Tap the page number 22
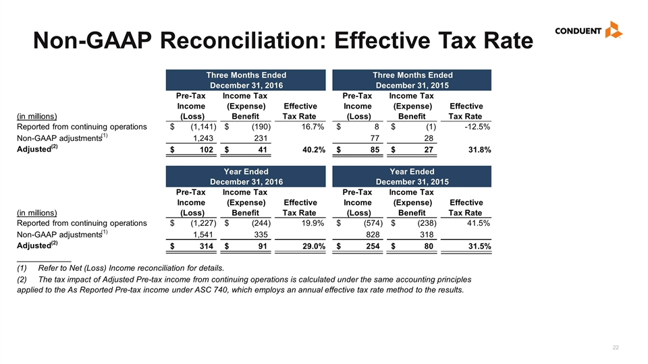coord(616,348)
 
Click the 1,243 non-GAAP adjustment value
coord(203,139)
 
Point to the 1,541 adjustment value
coord(203,235)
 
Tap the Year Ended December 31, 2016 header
coord(246,177)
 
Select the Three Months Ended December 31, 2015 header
coord(412,80)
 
